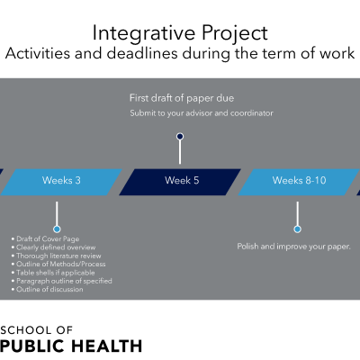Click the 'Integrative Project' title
180,33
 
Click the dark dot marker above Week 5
180,137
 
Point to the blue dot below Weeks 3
57,229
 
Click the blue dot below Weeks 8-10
297,229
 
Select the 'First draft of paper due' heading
182,98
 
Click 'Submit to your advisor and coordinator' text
202,113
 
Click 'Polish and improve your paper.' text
293,247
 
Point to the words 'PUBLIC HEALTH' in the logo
71,346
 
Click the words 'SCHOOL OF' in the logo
36,330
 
